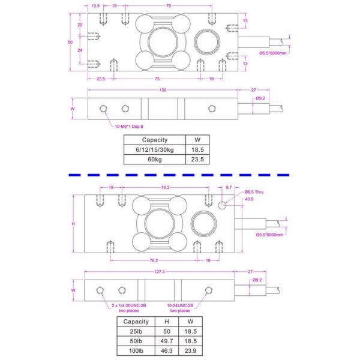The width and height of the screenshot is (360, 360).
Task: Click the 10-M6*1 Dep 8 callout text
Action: coord(129,127)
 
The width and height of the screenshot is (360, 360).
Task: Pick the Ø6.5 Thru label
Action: coord(255,191)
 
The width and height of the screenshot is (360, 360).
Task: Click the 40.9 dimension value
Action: coord(250,199)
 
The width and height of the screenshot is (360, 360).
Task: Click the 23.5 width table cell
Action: coord(197,160)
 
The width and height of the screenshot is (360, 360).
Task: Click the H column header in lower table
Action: coord(166,321)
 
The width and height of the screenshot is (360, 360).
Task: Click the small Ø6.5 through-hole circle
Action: coord(223,205)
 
